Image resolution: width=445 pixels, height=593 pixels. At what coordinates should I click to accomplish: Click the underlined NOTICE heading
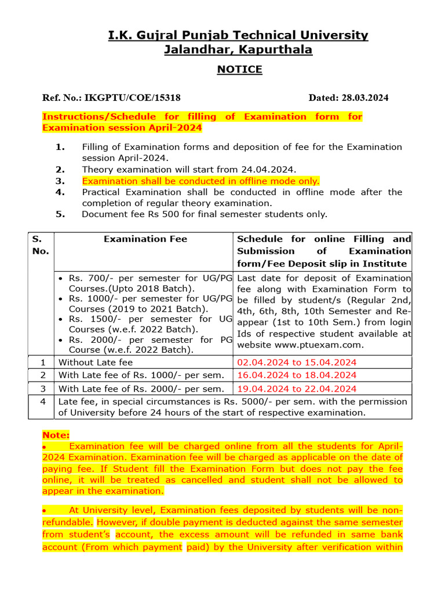point(239,69)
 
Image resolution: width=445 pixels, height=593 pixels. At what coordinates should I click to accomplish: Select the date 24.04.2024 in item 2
point(271,169)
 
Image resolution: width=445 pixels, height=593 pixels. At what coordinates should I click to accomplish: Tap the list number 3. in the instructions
point(60,181)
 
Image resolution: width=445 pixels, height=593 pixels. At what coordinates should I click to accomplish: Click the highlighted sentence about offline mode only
point(200,181)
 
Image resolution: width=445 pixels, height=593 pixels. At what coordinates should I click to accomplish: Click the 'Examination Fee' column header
point(145,239)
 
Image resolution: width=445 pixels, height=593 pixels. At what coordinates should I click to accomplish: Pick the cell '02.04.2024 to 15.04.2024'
point(297,363)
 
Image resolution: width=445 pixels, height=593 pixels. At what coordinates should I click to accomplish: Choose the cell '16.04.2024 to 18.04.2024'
point(297,375)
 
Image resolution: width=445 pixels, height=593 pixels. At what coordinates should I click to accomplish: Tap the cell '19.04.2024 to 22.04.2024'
point(297,389)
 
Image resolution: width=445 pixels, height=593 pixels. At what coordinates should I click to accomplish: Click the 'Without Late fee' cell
point(96,363)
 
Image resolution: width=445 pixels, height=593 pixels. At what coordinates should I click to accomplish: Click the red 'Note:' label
point(56,434)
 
